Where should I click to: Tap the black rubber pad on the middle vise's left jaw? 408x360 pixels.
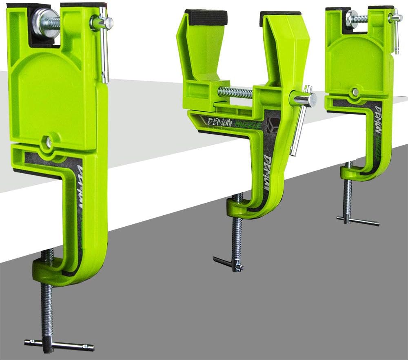tap(206, 17)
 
